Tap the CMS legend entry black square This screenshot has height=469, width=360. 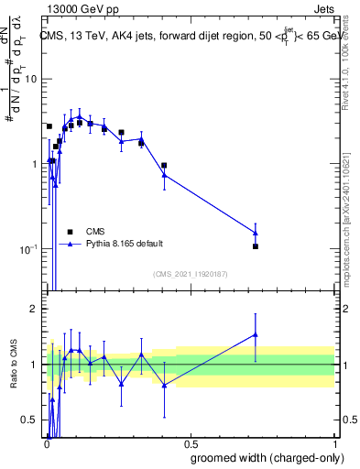click(x=70, y=231)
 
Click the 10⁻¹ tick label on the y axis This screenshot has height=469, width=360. click(x=30, y=249)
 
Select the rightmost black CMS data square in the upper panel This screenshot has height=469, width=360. click(x=256, y=246)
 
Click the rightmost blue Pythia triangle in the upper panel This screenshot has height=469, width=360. click(x=256, y=233)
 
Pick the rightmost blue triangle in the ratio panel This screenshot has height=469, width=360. click(x=256, y=334)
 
